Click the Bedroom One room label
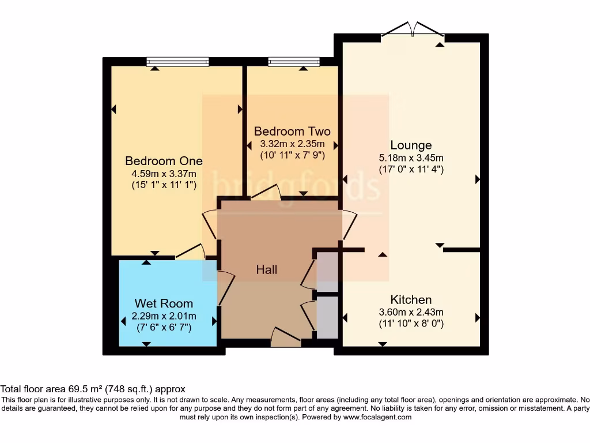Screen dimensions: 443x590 (164, 161)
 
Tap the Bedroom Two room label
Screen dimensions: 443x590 (292, 131)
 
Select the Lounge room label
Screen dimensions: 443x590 (411, 145)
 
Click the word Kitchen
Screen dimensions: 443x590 (411, 299)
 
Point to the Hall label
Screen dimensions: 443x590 (267, 269)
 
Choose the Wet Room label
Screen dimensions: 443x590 (164, 303)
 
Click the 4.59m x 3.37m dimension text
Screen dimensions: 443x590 (164, 174)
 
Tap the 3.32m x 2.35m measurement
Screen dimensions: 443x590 (292, 144)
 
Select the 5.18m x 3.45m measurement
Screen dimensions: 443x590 (411, 157)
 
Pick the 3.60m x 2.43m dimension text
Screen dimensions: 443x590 (411, 312)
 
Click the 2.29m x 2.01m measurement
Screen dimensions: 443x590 (164, 316)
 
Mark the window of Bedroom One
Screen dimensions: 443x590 (177, 61)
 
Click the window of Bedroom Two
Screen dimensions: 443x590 (294, 61)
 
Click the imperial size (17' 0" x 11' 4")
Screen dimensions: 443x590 (411, 170)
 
